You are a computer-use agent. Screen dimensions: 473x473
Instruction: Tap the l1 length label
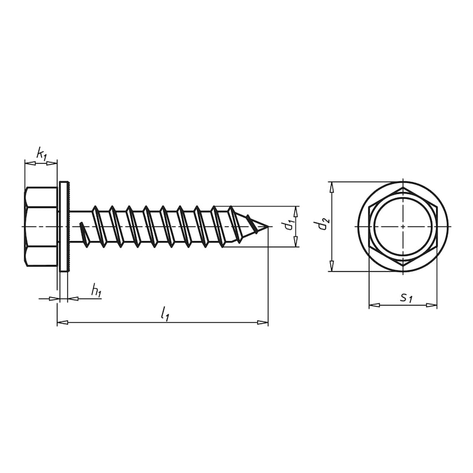(x=165, y=315)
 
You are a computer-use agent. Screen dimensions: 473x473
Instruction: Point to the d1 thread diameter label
(x=288, y=225)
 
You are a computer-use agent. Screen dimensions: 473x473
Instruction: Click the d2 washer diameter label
(x=321, y=224)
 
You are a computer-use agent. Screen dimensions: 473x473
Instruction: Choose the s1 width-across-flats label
(x=405, y=297)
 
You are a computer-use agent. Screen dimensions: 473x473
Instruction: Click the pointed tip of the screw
(x=268, y=226)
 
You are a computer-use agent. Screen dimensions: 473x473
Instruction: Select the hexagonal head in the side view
(x=41, y=226)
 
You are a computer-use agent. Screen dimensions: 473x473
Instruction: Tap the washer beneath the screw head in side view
(x=64, y=226)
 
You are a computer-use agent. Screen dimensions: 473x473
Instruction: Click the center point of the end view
(x=403, y=226)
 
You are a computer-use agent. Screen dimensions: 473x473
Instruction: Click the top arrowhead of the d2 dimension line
(x=332, y=186)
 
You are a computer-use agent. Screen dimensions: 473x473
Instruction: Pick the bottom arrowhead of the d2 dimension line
(x=332, y=267)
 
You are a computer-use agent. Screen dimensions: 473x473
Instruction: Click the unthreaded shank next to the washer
(x=80, y=226)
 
